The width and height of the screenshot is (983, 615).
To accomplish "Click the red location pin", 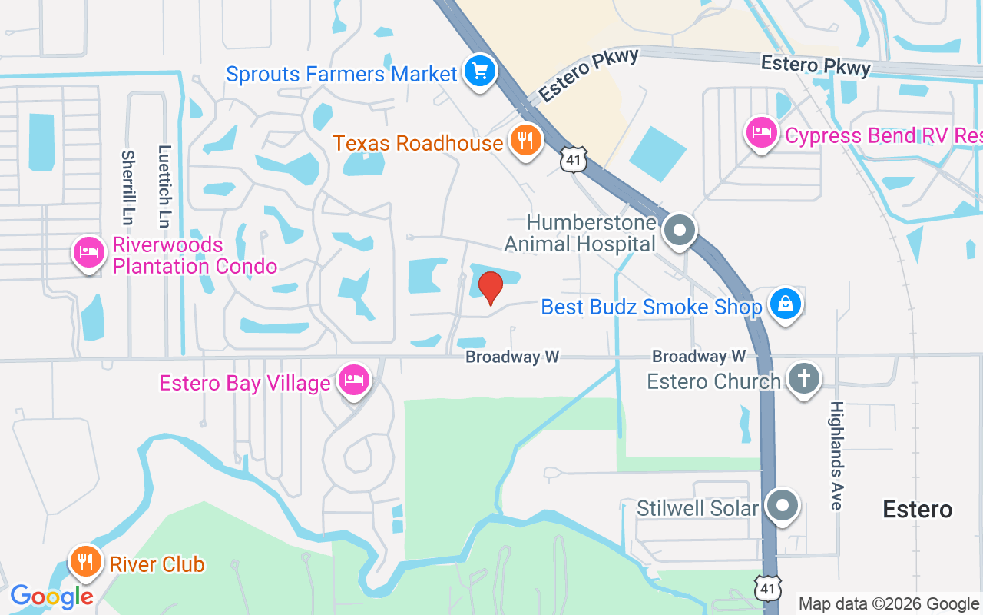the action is click(490, 288).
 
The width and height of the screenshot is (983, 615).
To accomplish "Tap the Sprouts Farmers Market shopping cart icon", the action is click(480, 72).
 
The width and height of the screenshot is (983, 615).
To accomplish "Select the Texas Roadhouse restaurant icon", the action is click(525, 141).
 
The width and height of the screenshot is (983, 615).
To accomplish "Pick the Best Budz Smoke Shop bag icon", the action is click(785, 304).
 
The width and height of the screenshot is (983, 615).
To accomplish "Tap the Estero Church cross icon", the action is click(804, 380).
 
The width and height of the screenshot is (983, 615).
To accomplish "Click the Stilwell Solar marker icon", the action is click(783, 507).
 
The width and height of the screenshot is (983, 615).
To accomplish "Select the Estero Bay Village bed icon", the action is click(353, 381).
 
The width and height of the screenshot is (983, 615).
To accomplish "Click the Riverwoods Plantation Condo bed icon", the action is click(89, 252).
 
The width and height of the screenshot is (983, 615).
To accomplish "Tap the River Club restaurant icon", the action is click(86, 562).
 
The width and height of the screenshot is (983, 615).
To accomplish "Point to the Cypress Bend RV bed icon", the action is click(761, 133).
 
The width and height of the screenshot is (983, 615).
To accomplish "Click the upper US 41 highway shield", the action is click(574, 158).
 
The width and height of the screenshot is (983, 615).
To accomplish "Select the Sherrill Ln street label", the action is click(127, 187).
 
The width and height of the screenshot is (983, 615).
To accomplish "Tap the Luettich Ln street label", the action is click(164, 187).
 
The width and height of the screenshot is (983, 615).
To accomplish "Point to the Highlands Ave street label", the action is click(836, 455).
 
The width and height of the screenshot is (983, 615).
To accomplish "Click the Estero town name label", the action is click(917, 509).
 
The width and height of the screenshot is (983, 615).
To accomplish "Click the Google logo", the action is click(51, 596).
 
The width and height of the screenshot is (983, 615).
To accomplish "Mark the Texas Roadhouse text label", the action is click(418, 142).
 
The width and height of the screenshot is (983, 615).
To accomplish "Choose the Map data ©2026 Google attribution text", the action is click(889, 604).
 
